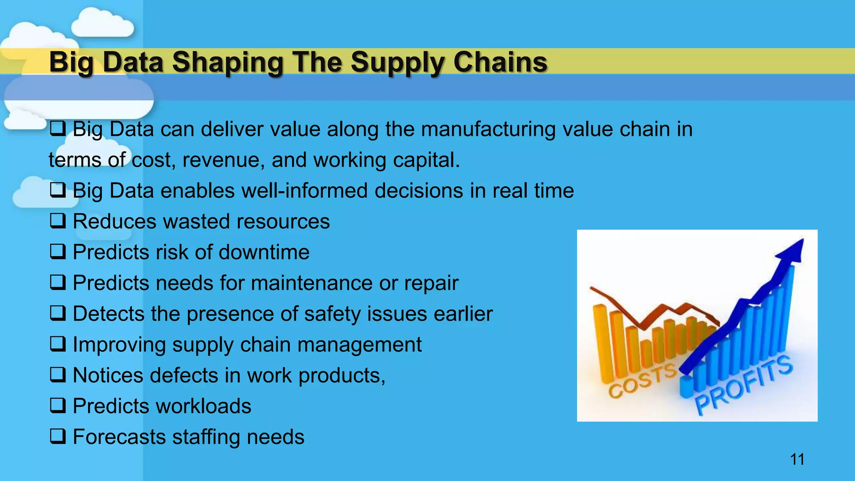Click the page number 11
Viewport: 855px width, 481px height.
click(797, 459)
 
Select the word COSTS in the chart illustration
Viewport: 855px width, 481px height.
click(641, 380)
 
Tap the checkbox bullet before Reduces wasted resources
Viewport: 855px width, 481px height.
click(58, 221)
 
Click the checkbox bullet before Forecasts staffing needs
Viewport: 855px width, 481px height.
click(58, 436)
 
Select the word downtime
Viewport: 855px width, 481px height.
click(264, 252)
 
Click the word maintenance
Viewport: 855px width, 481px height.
click(311, 283)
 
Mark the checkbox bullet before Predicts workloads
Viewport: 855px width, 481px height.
click(58, 406)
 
